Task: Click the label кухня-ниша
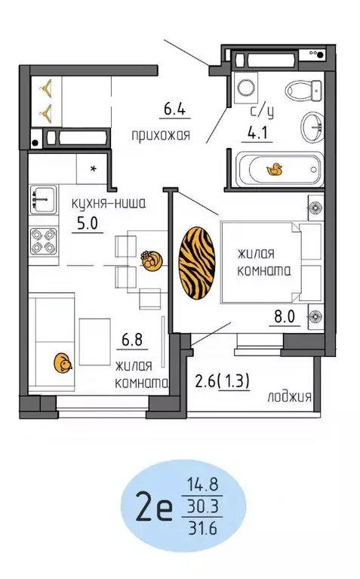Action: (x=107, y=203)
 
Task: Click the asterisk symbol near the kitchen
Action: (x=94, y=168)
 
